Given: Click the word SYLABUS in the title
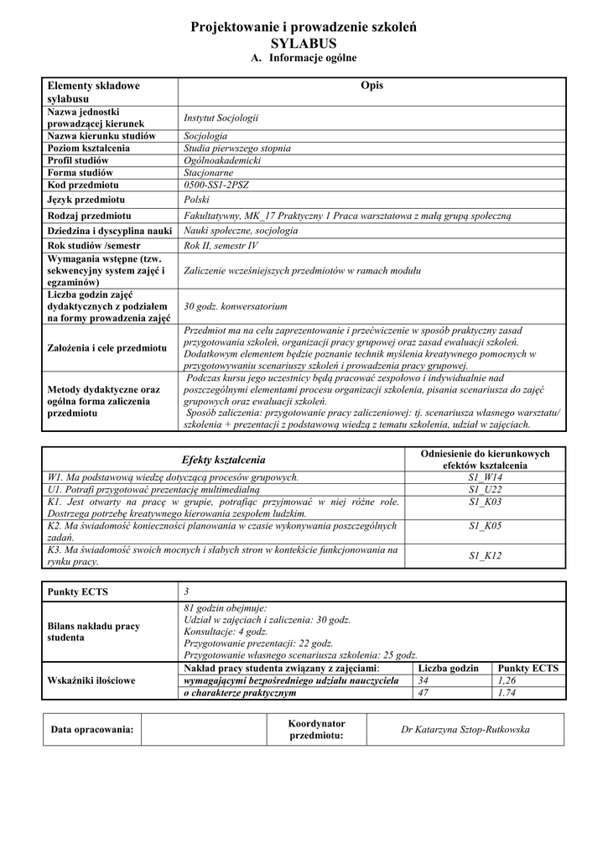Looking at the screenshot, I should (304, 43).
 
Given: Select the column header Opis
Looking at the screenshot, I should (371, 86).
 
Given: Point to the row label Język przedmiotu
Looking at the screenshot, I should (86, 200).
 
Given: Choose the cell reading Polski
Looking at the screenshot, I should (196, 200).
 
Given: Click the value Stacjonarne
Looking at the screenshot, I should (209, 172).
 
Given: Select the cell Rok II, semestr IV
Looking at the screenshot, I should (221, 246).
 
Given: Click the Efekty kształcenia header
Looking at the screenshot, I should (223, 460).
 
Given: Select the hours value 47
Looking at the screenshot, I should (423, 694).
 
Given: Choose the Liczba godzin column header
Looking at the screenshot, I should (448, 668).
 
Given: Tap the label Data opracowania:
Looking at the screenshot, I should (92, 730).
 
